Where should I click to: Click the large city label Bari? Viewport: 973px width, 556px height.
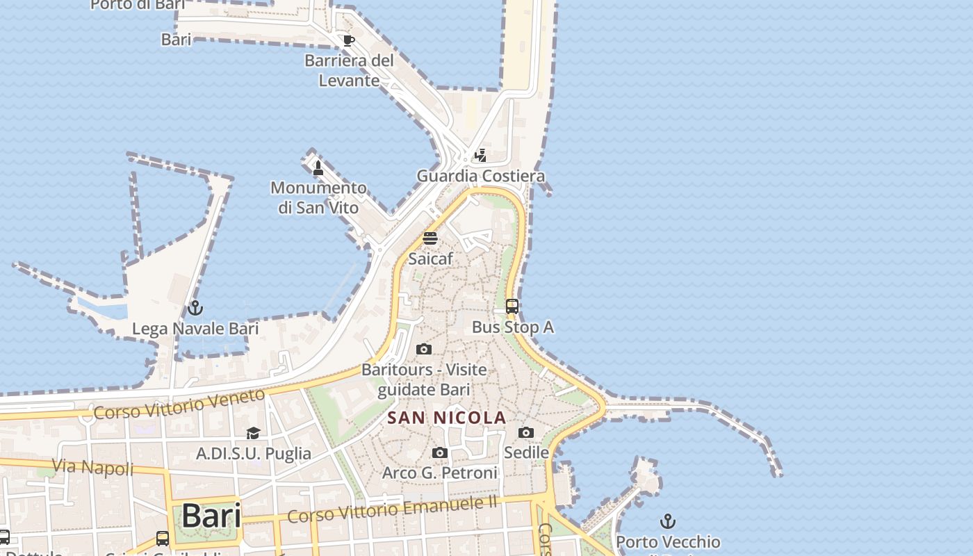tap(211, 516)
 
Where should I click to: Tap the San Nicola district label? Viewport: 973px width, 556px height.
tap(446, 418)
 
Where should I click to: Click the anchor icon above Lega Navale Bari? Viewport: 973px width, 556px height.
tap(195, 307)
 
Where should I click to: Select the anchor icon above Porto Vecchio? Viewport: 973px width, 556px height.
tap(667, 521)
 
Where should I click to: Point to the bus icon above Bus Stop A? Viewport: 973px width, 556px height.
tap(512, 306)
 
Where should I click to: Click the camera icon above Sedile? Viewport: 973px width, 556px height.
tap(526, 432)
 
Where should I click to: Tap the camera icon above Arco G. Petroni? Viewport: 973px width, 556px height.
tap(439, 453)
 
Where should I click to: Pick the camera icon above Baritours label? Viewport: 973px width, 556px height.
tap(424, 349)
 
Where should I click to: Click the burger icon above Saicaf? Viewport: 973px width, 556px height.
tap(430, 238)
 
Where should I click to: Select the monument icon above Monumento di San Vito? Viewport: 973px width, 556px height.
tap(318, 167)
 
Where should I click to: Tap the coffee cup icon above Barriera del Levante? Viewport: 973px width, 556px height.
tap(349, 40)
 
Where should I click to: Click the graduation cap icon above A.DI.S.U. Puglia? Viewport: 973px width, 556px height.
tap(253, 433)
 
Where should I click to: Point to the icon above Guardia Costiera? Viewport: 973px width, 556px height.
tap(480, 155)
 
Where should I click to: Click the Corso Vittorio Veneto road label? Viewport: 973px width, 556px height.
tap(179, 404)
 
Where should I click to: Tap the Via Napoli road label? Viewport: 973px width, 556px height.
tap(92, 467)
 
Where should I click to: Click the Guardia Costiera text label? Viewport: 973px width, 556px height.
tap(480, 176)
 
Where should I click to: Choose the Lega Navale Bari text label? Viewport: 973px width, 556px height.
tap(195, 329)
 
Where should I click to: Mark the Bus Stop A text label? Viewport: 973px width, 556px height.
tap(513, 327)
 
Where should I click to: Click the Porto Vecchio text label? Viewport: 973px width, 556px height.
tap(668, 541)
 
